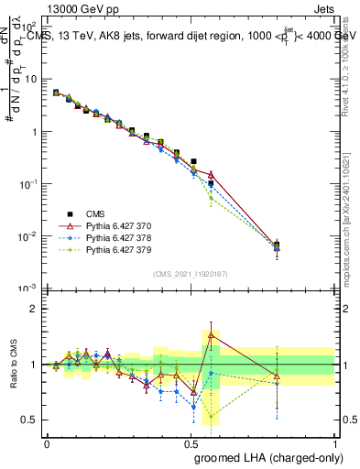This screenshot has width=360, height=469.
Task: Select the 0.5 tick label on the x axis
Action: point(191,442)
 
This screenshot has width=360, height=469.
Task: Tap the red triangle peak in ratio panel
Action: point(211,334)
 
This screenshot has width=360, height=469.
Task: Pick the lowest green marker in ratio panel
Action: point(211,417)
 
